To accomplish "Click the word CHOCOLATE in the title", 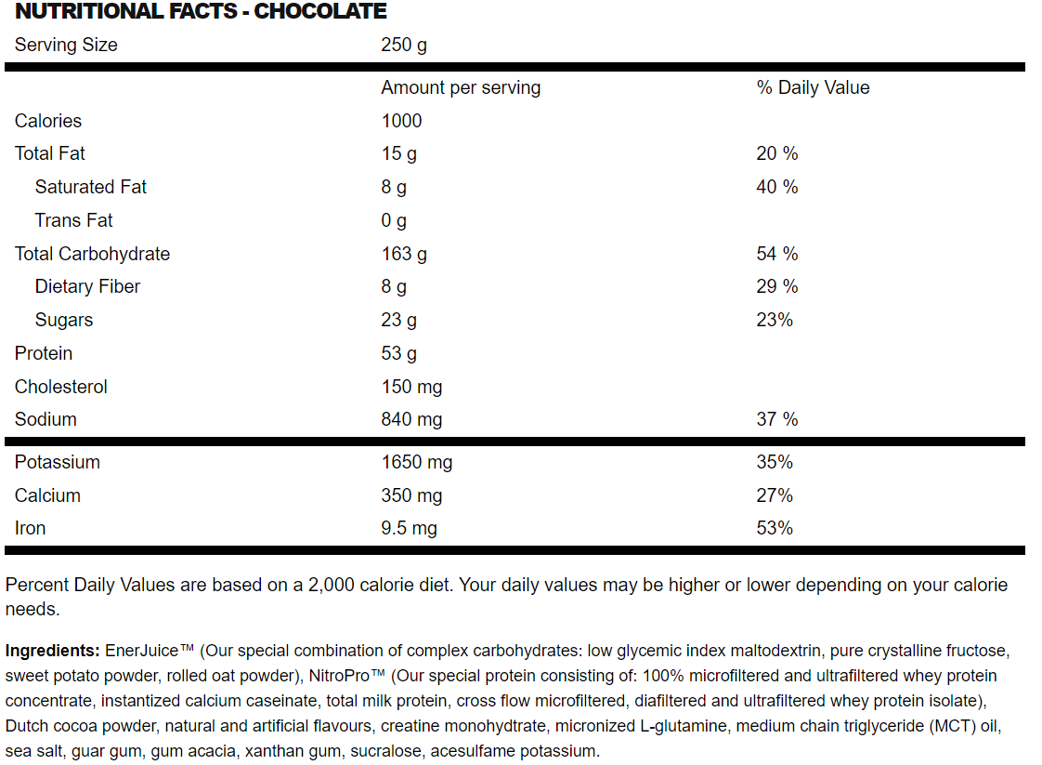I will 320,12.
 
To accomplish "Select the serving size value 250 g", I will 404,45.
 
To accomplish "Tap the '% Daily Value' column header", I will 813,87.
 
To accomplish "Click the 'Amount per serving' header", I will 461,87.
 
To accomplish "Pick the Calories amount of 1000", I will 401,121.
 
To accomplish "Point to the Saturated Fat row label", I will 91,187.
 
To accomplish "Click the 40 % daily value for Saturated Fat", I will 777,187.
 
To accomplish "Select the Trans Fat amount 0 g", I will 394,220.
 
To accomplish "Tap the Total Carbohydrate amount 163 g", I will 404,254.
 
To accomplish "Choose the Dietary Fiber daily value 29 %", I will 777,286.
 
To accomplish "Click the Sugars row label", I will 64,320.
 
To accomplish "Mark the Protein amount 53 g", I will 399,353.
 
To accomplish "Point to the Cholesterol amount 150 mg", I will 411,387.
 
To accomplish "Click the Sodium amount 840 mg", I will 411,419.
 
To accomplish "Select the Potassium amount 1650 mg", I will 417,462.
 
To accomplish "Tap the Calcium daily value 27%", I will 775,495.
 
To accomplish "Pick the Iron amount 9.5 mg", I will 409,528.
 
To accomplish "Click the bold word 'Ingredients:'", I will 53,650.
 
